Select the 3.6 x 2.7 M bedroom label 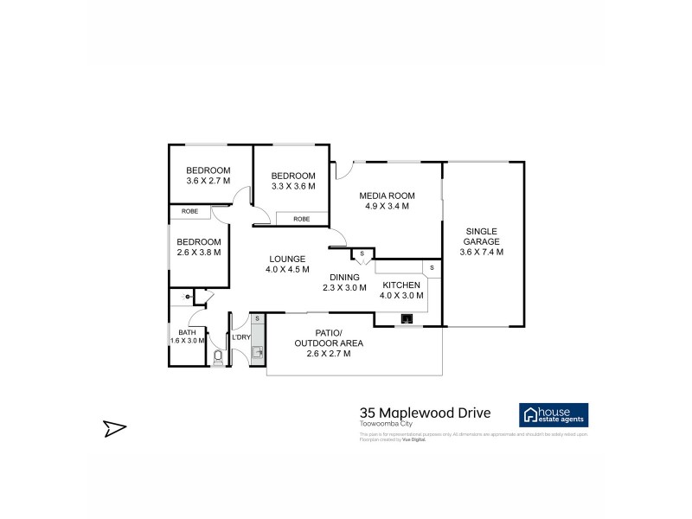208,176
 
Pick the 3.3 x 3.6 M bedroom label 293,180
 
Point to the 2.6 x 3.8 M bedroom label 199,247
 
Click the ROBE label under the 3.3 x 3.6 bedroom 301,219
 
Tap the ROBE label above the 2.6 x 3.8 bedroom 189,211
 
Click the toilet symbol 218,356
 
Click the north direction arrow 115,426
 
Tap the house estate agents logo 553,414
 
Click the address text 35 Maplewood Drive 425,413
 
